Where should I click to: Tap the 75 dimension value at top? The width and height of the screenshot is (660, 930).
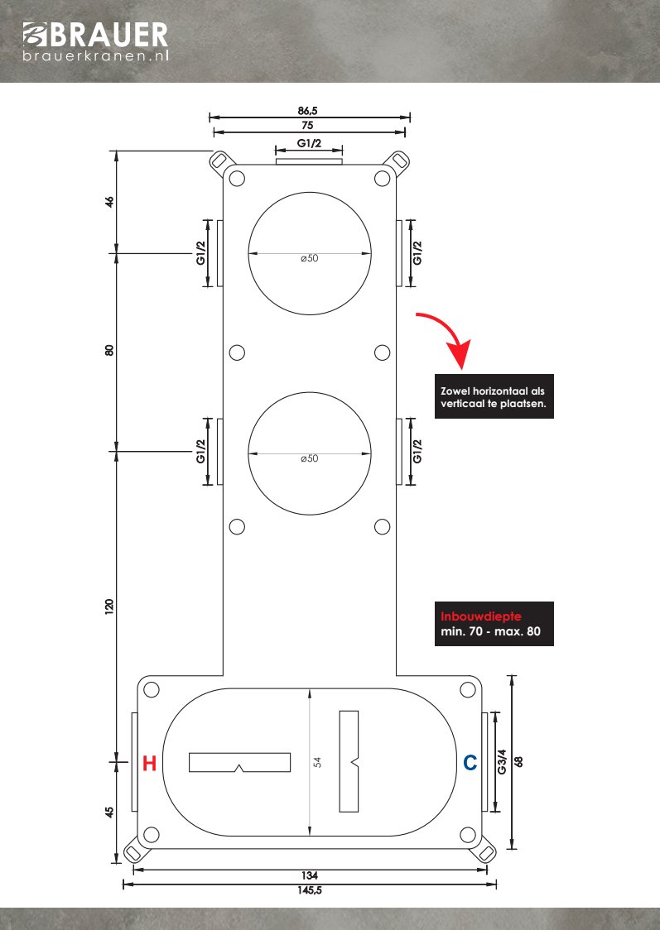click(309, 124)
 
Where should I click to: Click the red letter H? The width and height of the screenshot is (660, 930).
click(149, 764)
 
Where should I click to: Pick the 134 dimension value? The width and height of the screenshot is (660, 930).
click(310, 875)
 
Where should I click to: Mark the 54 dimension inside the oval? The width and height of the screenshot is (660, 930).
click(317, 762)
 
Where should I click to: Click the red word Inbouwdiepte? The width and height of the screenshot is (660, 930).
click(475, 616)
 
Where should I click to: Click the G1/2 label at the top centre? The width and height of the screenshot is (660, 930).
click(309, 144)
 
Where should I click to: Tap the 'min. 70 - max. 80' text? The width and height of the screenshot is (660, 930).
click(492, 634)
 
